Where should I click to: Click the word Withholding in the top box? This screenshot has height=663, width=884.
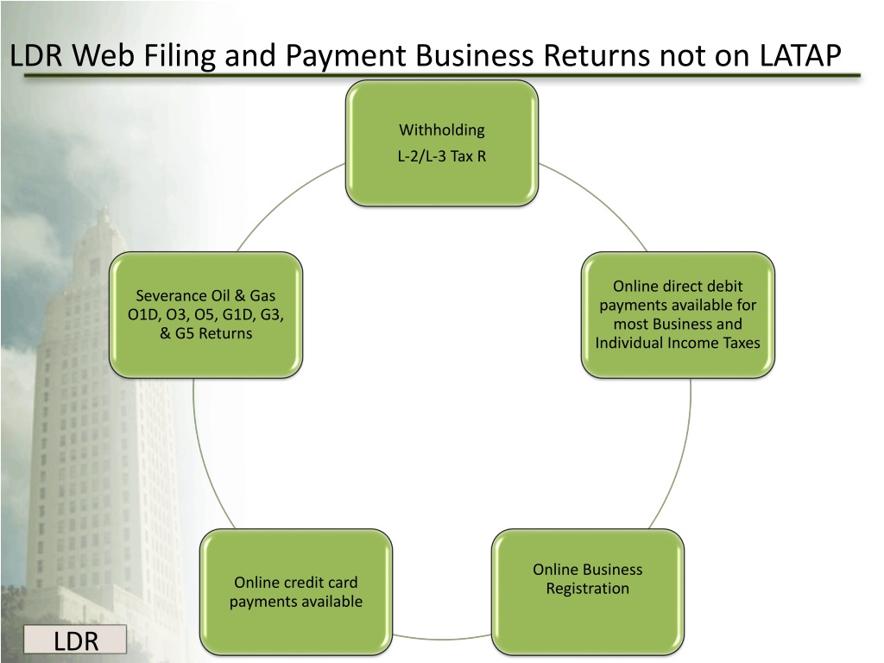[441, 130]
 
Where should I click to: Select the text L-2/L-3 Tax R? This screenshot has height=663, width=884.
[441, 156]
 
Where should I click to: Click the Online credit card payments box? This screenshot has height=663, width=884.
[295, 591]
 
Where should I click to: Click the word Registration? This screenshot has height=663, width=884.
[587, 589]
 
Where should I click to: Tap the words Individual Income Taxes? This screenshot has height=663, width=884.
[678, 343]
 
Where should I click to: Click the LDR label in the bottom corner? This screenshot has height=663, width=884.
[75, 641]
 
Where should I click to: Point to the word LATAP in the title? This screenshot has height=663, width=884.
[800, 56]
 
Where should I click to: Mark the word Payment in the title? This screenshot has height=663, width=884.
[340, 57]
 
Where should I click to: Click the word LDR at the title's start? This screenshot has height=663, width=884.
[37, 57]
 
